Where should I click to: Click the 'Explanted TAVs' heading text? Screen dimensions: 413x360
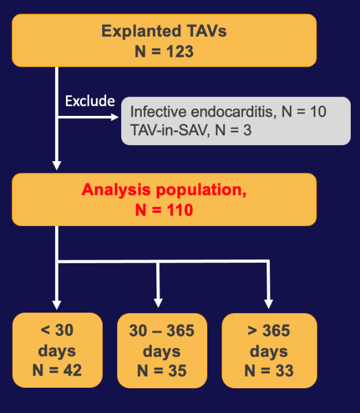tap(164, 31)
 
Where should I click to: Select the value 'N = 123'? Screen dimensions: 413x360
tap(164, 52)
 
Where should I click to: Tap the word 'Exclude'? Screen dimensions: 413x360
tap(90, 101)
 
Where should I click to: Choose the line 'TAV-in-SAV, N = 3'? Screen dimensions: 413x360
tap(191, 130)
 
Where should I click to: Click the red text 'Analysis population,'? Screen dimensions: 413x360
tap(164, 189)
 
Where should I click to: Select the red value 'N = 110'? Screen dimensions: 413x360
tap(164, 210)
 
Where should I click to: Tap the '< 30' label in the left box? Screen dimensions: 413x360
tap(57, 331)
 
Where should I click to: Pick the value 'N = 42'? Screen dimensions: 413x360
tap(57, 370)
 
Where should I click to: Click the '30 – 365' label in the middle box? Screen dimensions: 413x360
tap(161, 331)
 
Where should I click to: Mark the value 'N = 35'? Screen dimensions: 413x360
tap(161, 370)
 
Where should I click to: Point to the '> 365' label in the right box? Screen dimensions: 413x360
tap(268, 331)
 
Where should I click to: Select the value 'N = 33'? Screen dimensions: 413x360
tap(268, 370)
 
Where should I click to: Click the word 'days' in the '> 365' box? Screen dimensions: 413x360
tap(268, 350)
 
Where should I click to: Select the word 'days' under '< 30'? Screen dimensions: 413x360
tap(57, 350)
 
